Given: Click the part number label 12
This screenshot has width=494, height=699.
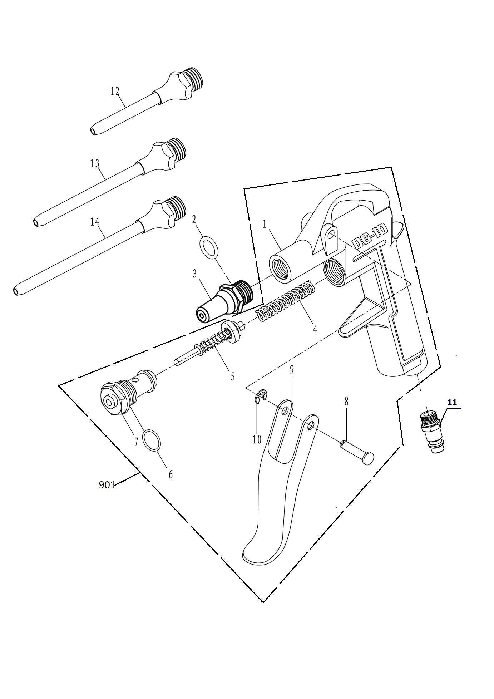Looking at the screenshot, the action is coord(115,91).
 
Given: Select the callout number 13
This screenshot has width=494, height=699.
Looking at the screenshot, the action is coord(94,163).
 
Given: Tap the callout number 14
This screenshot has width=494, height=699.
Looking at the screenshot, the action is coord(94,222).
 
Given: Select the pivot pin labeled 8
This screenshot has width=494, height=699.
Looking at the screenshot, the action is coord(356,452).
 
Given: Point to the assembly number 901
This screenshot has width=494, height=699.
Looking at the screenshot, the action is coord(107,485).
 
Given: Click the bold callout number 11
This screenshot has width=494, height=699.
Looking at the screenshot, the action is coord(452,403).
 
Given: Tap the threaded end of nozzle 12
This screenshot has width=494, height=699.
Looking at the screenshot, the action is coord(195,79).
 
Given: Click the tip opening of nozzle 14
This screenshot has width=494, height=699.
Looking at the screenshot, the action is coord(15,291).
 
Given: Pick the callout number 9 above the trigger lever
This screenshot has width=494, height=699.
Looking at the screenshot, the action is coord(292,370).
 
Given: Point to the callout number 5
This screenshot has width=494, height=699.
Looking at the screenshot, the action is coord(232,376).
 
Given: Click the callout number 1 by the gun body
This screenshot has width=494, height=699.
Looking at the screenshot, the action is coord(265,225).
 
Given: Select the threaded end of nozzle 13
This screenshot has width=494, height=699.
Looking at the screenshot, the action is coord(178,149).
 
